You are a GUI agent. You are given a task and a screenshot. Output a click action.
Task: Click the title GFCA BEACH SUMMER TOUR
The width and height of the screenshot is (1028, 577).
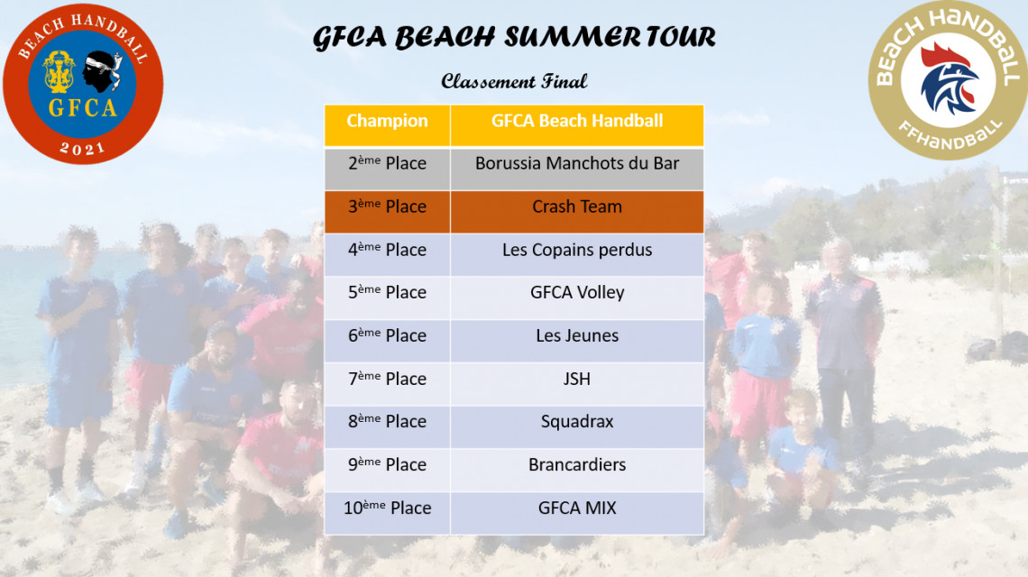pos(514,37)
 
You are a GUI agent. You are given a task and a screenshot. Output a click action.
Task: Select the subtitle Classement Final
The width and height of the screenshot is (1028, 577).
pos(514,81)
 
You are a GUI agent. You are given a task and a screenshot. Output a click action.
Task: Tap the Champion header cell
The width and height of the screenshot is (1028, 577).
pos(388,125)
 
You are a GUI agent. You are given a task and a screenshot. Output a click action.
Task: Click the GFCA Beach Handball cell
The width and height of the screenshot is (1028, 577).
pos(577,125)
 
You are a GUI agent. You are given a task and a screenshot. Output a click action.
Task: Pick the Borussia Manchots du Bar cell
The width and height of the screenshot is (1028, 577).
pos(577,169)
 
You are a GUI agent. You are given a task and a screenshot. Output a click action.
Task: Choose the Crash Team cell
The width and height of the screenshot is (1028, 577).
pos(577,212)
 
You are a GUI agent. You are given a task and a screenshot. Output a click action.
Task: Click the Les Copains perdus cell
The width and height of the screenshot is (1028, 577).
pos(577,255)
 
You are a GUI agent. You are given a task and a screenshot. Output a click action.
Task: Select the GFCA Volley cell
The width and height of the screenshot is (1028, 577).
pos(577,298)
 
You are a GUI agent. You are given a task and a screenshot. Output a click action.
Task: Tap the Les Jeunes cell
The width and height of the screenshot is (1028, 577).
pos(577,341)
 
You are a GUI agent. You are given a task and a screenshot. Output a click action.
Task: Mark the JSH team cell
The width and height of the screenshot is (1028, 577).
pos(577,384)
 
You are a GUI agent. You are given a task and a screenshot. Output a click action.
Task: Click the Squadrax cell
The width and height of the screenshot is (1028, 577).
pos(577,426)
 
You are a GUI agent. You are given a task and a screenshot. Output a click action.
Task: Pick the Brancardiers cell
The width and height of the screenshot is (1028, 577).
pos(577,470)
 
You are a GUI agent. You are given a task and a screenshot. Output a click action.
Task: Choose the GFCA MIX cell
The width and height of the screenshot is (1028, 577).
pos(577,513)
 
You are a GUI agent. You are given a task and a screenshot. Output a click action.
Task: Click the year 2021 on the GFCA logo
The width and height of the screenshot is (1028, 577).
pos(83,148)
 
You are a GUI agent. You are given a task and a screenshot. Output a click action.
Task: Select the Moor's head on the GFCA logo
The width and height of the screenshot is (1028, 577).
pos(102,71)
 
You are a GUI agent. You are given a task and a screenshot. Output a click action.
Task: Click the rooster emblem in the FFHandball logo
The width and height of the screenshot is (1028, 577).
pos(949,78)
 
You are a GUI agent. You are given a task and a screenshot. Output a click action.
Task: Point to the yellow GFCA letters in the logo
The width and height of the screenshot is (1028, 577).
pos(83,107)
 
